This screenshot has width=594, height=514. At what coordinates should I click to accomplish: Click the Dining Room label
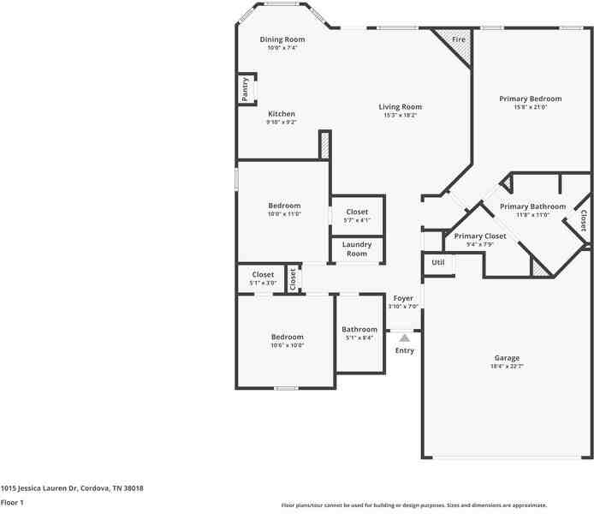pos(282,39)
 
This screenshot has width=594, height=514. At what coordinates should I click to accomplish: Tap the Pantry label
pos(246,89)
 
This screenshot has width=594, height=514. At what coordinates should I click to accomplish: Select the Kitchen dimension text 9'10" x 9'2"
pos(282,123)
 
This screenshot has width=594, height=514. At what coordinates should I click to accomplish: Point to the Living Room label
pos(401,107)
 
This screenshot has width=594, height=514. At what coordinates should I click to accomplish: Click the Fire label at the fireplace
pos(459,40)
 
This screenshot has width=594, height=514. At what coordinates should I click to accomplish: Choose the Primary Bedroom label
pos(531,99)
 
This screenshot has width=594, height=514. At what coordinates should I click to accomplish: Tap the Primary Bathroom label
pos(532,206)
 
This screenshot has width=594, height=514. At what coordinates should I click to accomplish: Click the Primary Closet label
pos(480,236)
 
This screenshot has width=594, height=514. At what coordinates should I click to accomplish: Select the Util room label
pos(438,263)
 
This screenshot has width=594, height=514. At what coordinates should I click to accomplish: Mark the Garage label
pos(507,358)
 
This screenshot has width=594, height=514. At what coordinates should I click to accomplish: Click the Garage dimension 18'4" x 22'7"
pos(507,367)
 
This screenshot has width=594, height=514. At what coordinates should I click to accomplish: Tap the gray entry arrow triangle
pos(405,338)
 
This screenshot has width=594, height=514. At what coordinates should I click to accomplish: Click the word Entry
pos(405,350)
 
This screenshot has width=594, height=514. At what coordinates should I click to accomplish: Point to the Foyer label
pos(403,298)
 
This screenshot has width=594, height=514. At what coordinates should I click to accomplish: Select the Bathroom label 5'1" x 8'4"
pos(359,329)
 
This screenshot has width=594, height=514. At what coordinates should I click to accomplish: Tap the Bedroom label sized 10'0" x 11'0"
pos(284,206)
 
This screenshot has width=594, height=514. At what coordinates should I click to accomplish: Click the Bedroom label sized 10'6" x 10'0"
pos(288,337)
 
